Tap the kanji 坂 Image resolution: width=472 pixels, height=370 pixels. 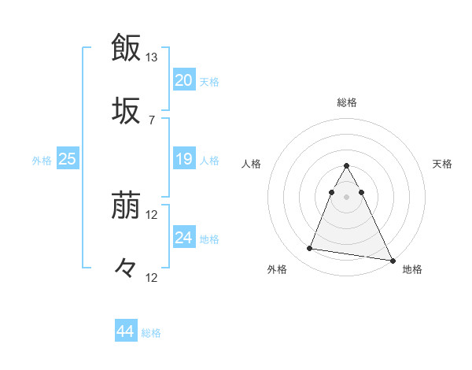coord(126,110)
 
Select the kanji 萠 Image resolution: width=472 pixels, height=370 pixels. coord(126,207)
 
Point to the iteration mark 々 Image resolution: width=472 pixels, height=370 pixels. coord(126,268)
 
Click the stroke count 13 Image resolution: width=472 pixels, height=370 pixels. coord(152,57)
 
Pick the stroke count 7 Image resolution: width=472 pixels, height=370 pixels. coord(152,120)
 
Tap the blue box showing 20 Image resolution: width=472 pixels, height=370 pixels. coord(183,80)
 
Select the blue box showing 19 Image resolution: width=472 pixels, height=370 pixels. coord(183,159)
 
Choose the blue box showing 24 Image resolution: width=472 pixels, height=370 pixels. coord(183,238)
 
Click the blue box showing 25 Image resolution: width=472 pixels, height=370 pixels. coord(67,159)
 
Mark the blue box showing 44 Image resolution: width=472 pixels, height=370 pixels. coord(125,331)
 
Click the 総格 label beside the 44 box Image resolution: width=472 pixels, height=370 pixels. coord(151,333)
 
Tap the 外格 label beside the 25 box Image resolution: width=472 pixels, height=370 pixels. coord(42,161)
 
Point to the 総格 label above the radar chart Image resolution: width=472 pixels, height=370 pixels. coord(346,102)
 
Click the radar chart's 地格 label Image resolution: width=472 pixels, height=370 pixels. coord(412,269)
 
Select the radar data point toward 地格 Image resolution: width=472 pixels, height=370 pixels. coord(393,260)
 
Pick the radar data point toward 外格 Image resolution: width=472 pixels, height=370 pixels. coord(309,249)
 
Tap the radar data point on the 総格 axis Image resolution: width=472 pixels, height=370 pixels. coord(346,165)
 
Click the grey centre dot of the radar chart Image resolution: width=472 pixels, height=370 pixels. coord(346,196)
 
